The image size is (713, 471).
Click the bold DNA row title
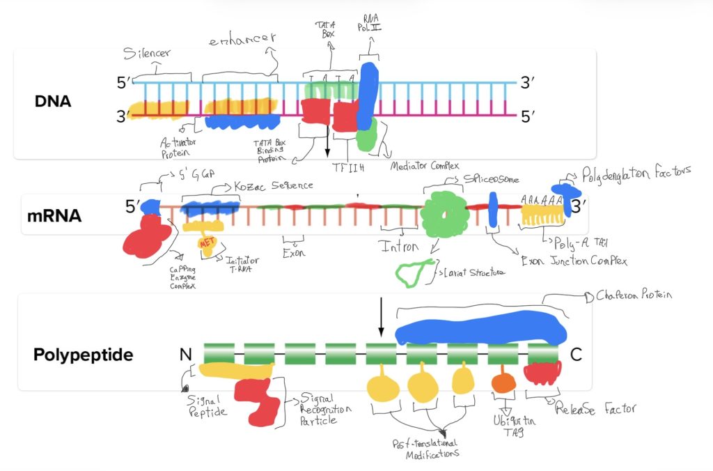tap(52, 102)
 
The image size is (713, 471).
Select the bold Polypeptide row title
tap(83, 355)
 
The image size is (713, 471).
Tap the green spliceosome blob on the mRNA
tap(444, 214)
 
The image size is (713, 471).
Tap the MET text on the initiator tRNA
tap(207, 243)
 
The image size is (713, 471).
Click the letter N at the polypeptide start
tap(185, 354)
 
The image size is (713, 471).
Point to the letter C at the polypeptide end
tap(576, 354)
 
